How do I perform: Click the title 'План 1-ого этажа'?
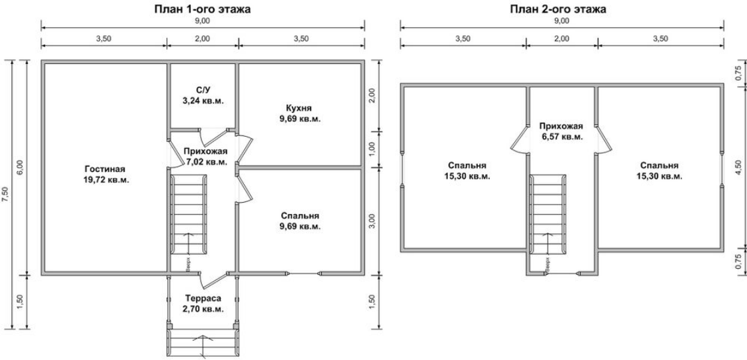point(203,9)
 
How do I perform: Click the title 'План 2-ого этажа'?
point(558,9)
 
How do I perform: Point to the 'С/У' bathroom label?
point(203,90)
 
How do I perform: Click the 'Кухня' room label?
point(299,108)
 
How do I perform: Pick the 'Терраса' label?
point(203,299)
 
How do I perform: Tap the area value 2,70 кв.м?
point(203,309)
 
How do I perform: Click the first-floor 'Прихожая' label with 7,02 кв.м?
point(205,151)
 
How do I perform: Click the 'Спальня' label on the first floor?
point(300,215)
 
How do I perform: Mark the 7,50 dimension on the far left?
point(5,195)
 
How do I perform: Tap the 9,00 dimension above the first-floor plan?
point(202,21)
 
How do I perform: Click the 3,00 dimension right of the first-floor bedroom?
point(373,221)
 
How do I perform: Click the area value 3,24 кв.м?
point(203,101)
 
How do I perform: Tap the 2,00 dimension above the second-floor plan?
point(562,39)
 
